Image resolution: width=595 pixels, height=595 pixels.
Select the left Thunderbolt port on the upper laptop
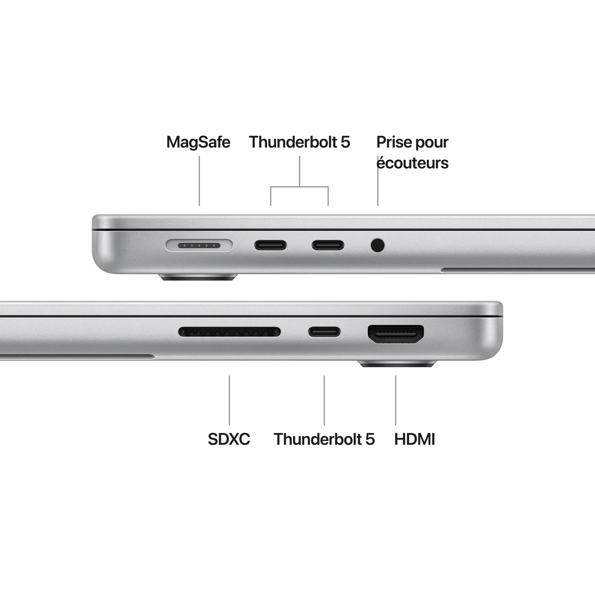[x=271, y=245]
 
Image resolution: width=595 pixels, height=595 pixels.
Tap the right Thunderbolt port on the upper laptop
[x=328, y=245]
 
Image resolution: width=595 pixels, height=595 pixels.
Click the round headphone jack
[x=378, y=245]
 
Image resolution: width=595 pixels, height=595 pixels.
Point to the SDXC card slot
[x=229, y=332]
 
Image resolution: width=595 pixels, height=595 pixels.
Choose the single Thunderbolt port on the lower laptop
[x=324, y=332]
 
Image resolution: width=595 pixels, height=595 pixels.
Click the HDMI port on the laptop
[x=396, y=334]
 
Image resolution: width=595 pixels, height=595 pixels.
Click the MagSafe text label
[x=198, y=142]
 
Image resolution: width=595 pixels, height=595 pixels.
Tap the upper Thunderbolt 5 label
[x=299, y=142]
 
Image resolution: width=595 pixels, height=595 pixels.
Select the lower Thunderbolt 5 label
[x=324, y=439]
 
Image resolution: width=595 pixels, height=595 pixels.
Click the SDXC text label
[x=229, y=439]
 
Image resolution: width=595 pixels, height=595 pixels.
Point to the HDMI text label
[x=415, y=439]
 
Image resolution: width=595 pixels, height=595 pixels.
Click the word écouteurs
[x=413, y=163]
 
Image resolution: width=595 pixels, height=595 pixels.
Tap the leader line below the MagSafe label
[x=199, y=181]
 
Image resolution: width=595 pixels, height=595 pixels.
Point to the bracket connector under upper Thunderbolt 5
[x=299, y=186]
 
